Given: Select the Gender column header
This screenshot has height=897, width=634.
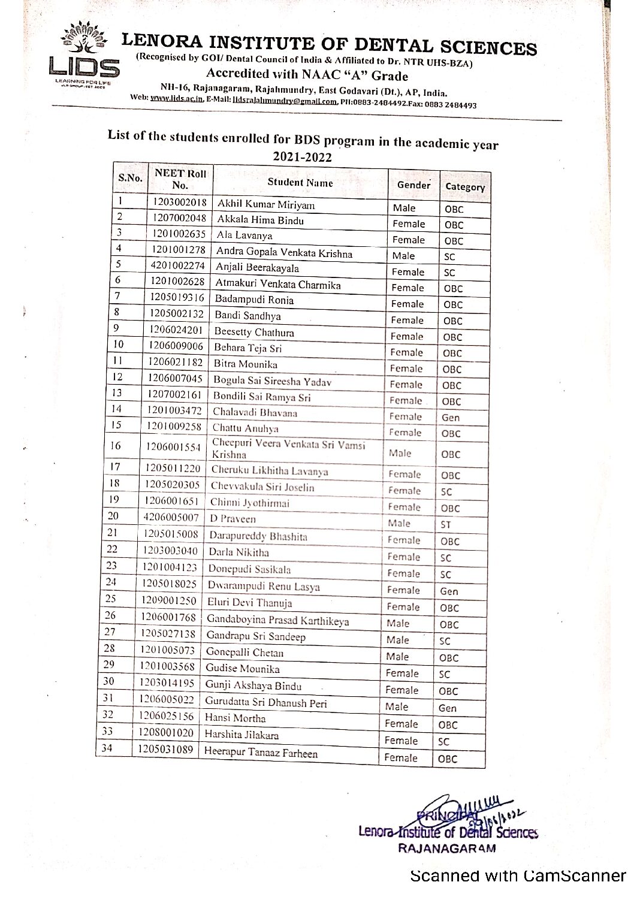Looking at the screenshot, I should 413,185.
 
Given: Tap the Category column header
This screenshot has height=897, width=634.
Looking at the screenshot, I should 464,186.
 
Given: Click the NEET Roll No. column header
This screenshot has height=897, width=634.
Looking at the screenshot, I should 180,179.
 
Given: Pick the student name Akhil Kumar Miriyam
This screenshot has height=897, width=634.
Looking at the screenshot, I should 265,204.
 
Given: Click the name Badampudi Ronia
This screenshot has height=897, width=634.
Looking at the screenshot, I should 254,300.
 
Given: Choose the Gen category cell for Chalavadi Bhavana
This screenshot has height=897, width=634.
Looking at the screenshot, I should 450,418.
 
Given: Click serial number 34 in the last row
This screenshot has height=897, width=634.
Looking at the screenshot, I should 107,747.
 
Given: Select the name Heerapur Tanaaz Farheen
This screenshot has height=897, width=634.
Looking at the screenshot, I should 261,753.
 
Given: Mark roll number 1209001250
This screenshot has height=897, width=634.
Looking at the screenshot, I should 168,599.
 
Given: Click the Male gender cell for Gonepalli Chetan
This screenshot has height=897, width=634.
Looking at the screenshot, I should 397,656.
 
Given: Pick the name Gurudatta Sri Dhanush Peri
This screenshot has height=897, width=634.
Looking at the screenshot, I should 265,702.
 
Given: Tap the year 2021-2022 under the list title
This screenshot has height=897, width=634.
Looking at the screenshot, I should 302,157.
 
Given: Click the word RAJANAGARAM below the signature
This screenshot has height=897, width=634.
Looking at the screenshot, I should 446,848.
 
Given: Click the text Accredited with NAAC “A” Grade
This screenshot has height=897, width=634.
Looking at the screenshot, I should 307,75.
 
